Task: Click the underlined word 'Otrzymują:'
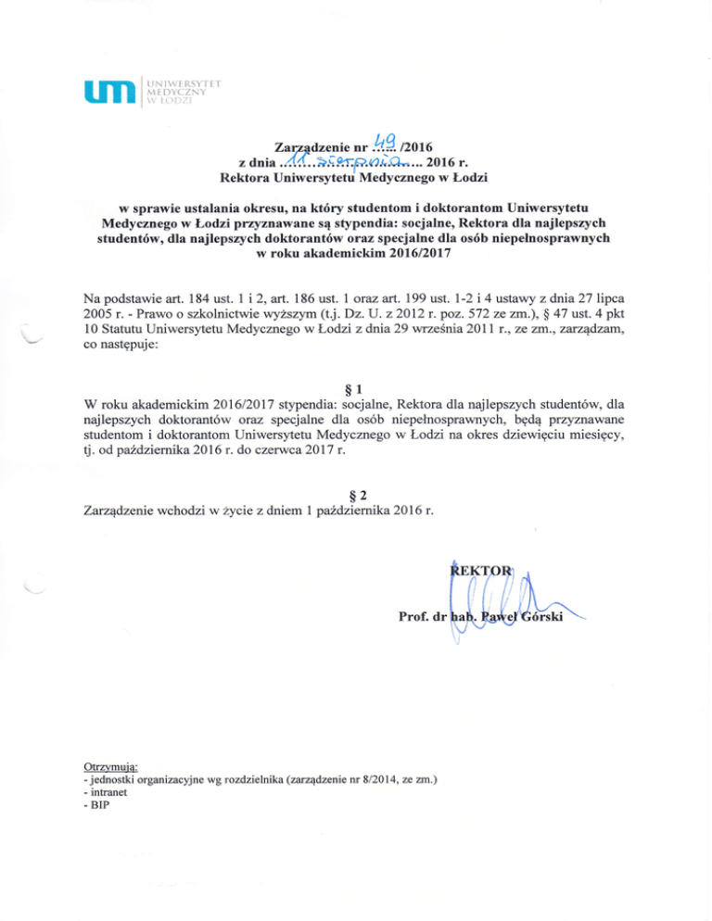tap(110, 767)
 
